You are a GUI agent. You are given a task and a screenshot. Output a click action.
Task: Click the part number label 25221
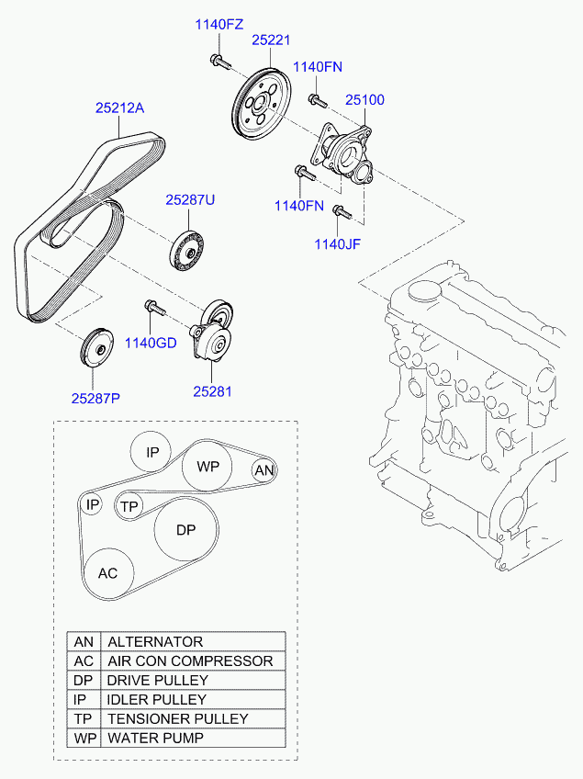tap(272, 40)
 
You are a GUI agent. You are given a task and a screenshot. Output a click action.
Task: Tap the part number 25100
tap(364, 100)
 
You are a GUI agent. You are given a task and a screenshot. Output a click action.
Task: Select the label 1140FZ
tap(219, 25)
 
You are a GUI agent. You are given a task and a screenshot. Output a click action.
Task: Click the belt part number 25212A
tap(120, 107)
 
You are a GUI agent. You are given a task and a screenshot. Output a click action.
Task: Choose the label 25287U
tap(190, 199)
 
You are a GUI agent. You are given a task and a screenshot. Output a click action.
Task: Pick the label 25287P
tap(96, 398)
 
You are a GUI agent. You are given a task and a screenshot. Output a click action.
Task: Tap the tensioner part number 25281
tap(212, 390)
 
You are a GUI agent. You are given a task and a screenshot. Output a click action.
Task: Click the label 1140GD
tap(151, 344)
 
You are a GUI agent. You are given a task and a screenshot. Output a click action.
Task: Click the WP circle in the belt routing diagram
tap(207, 467)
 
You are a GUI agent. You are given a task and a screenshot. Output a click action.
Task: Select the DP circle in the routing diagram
tap(186, 530)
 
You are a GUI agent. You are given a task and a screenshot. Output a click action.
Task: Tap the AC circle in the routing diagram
tap(108, 573)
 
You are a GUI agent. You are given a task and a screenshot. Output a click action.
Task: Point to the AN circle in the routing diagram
tap(264, 470)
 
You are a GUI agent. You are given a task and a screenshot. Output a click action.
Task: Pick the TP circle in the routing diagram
tap(129, 506)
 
